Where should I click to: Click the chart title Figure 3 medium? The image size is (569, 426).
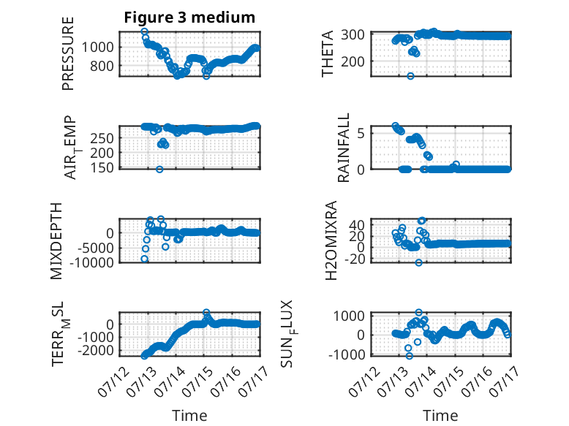tap(189, 18)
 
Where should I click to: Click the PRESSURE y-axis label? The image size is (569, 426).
tap(68, 53)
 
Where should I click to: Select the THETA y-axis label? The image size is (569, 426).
tap(328, 53)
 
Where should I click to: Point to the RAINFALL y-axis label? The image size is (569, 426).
tap(343, 148)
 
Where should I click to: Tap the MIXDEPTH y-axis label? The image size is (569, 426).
tap(56, 241)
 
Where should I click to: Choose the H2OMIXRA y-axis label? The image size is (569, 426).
tap(331, 240)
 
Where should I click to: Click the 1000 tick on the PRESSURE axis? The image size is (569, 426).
tap(97, 47)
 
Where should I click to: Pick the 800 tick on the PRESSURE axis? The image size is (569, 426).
tap(102, 66)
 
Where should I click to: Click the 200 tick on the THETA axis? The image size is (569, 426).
tap(353, 61)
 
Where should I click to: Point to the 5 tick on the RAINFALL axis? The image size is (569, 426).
tap(361, 134)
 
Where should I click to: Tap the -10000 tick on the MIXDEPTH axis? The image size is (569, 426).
tap(91, 262)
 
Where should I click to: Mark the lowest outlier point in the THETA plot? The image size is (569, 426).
tap(410, 76)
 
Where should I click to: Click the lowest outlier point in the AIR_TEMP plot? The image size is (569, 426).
tap(159, 170)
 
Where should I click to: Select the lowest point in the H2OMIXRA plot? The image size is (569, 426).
tap(419, 262)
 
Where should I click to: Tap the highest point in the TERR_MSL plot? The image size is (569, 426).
tap(206, 312)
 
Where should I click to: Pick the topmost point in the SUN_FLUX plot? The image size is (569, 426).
tap(419, 313)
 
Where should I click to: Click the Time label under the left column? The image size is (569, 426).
tap(189, 416)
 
